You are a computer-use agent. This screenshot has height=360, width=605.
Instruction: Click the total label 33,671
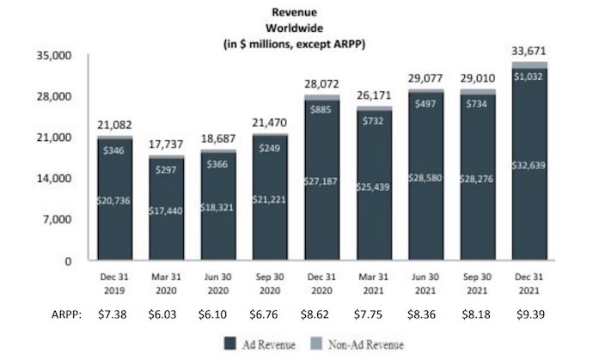pos(529,51)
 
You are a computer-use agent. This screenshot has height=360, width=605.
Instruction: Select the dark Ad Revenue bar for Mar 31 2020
pos(167,209)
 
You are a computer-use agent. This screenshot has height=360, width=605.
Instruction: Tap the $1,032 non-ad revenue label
pos(529,76)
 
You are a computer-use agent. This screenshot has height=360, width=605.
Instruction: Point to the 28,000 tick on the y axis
pos(54,96)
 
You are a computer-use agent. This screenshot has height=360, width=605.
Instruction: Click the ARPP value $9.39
pos(530,314)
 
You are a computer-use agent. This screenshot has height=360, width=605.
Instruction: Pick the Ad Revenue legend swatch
pos(230,344)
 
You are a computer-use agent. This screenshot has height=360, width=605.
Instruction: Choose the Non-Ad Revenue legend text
pos(366,345)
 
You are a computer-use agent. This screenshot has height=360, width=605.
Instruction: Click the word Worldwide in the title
pos(295,28)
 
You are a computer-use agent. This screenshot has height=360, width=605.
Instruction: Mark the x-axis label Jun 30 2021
pos(425,284)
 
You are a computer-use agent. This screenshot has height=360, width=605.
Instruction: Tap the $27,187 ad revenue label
pos(321,181)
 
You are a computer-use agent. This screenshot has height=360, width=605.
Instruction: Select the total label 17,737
pos(167,144)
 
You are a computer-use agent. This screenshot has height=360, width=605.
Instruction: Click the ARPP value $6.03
pos(162,314)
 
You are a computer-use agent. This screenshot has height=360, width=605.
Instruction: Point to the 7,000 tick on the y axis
pos(57,220)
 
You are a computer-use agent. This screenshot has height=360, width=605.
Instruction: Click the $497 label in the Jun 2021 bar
pos(425,104)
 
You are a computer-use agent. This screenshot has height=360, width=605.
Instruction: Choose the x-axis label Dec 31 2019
pos(114,284)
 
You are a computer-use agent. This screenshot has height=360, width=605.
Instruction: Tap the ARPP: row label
pos(66,314)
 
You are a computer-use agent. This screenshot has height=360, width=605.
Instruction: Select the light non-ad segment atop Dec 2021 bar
pos(529,64)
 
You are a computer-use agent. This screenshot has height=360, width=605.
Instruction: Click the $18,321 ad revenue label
pos(217,207)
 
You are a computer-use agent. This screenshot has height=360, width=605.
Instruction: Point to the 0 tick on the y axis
pos(68,261)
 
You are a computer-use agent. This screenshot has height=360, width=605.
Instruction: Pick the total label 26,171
pos(374,95)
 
